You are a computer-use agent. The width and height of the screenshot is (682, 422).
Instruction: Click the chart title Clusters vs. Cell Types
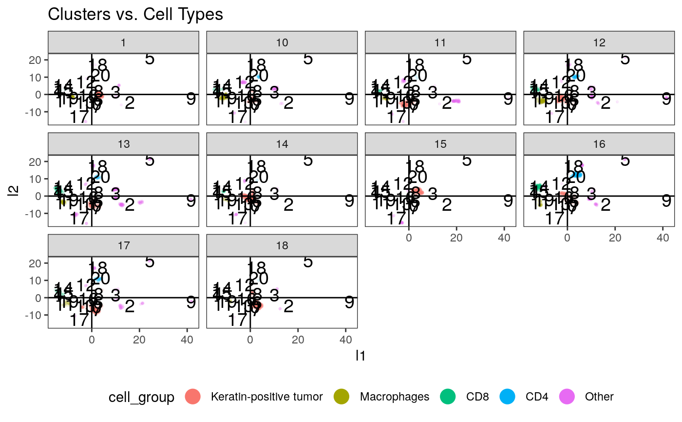135,15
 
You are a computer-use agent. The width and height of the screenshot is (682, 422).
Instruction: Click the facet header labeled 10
282,42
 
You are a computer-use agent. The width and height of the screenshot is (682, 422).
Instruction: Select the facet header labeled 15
440,144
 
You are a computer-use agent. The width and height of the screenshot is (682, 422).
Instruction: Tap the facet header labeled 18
282,245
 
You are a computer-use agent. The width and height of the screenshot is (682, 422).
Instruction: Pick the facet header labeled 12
599,42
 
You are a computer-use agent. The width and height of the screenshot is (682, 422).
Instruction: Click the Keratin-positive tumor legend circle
193,397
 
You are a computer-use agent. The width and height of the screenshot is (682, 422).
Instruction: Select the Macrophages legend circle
342,397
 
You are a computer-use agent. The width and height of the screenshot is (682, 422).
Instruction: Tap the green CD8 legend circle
448,397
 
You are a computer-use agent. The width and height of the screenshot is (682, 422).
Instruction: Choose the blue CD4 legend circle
508,397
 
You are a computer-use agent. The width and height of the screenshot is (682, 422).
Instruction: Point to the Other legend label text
599,397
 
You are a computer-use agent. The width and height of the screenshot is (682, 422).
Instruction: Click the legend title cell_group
141,397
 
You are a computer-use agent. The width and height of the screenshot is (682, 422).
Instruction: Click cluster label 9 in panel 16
666,201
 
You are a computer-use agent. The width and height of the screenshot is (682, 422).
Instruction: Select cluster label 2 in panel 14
288,205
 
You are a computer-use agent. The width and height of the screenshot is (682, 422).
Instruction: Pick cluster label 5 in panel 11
467,59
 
